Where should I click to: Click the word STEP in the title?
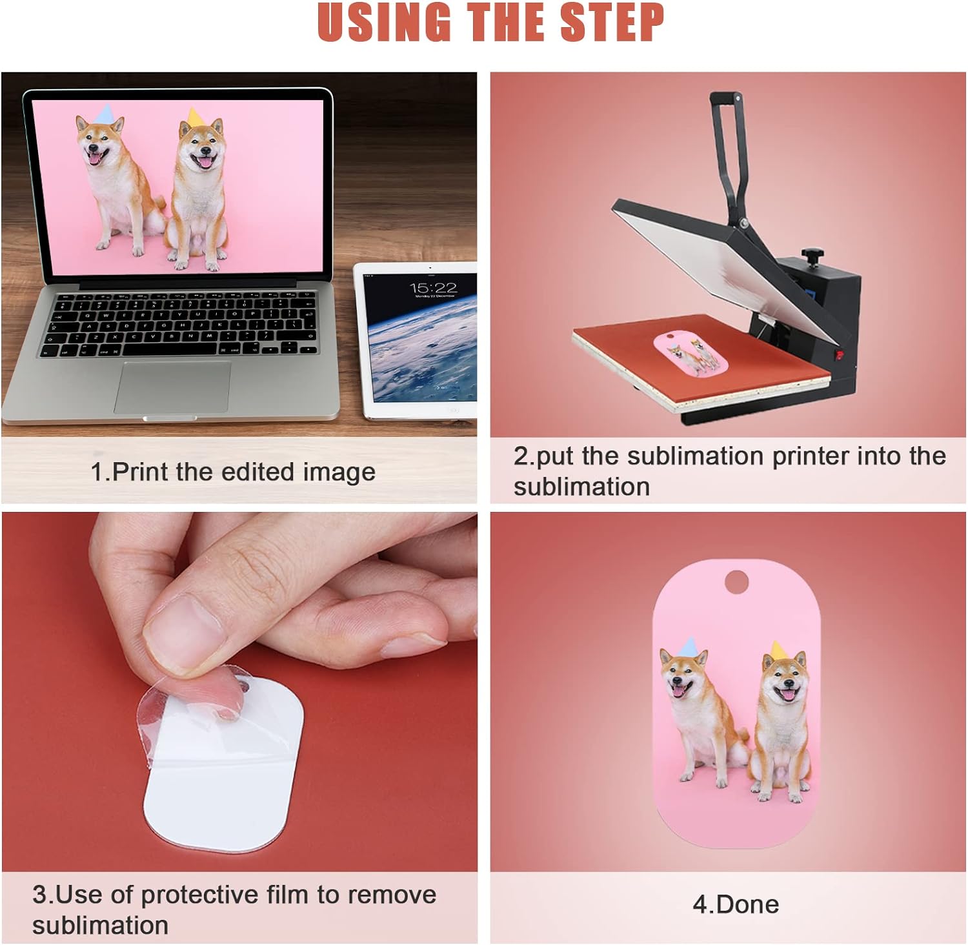pos(612,23)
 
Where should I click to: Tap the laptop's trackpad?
pos(172,387)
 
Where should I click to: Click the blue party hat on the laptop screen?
pos(105,112)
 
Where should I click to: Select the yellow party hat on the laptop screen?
pos(194,117)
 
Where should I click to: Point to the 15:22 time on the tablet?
pos(433,287)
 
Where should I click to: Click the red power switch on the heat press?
pos(840,355)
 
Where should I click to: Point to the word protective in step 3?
pos(199,895)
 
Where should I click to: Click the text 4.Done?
pos(736,904)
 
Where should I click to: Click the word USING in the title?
pos(385,23)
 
